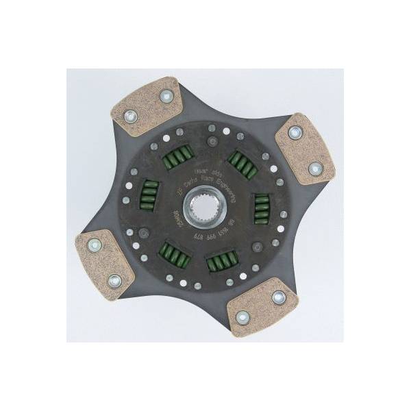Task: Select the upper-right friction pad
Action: [x=304, y=147]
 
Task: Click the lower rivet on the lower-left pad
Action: [x=114, y=280]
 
